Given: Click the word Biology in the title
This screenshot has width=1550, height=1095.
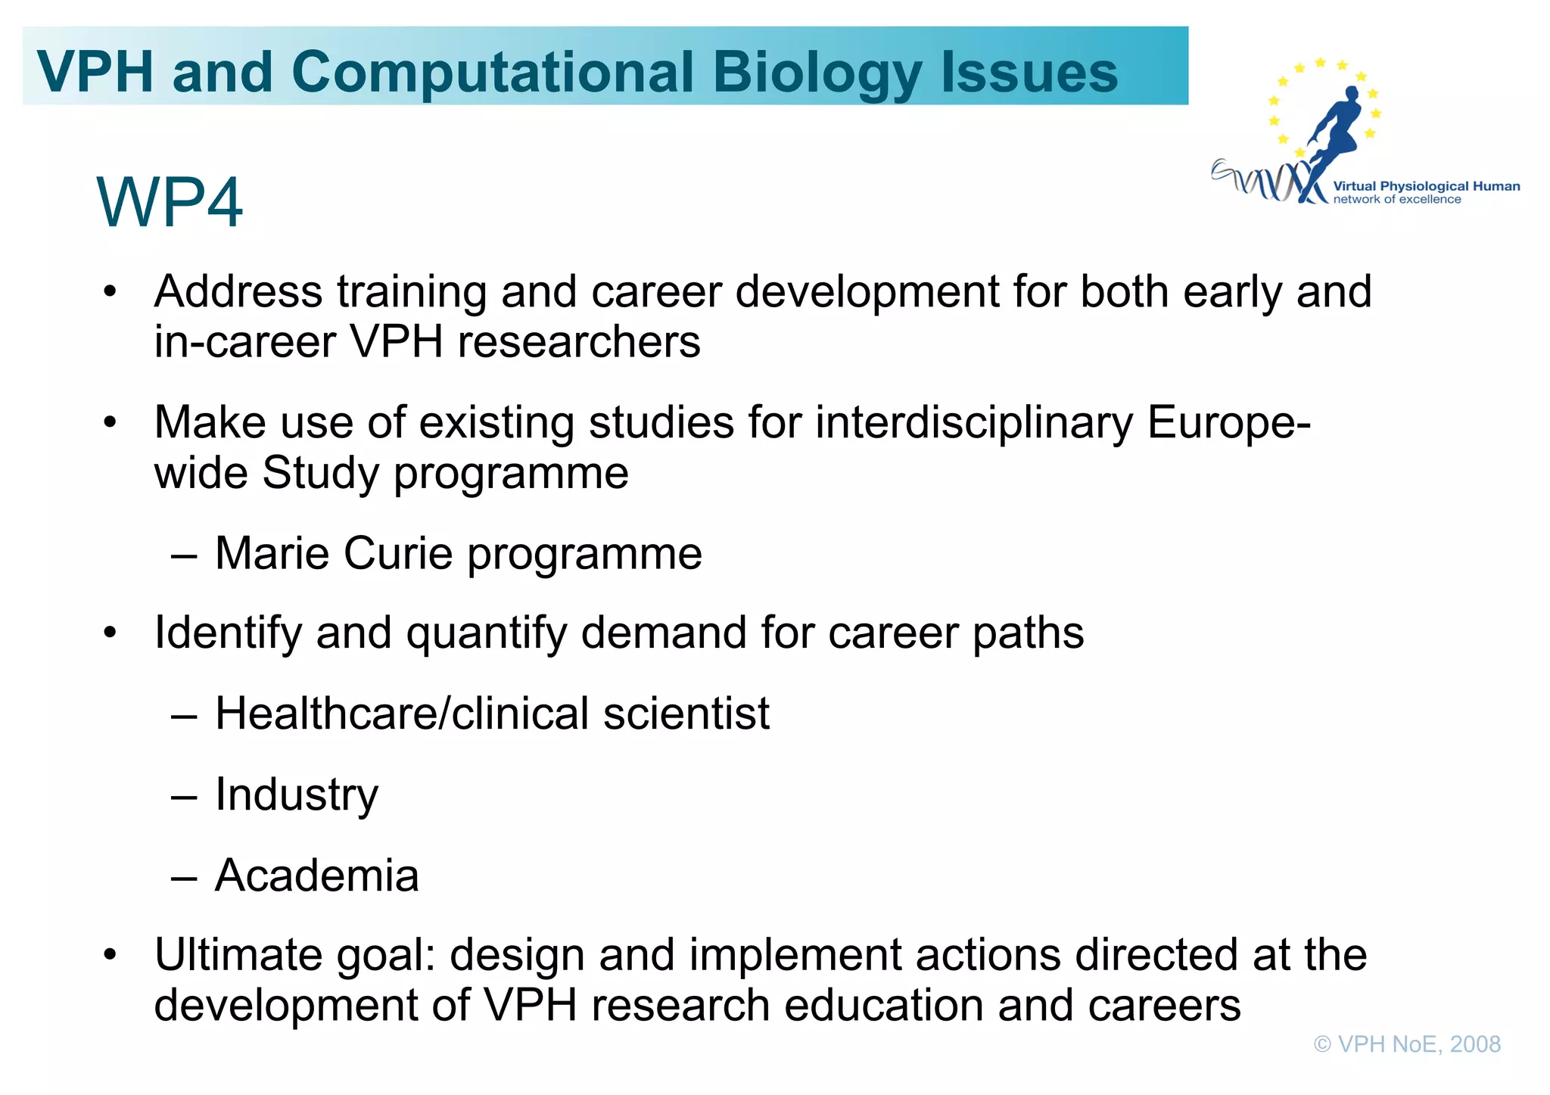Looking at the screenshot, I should [x=817, y=73].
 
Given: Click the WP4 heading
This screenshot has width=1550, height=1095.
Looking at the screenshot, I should [x=170, y=202].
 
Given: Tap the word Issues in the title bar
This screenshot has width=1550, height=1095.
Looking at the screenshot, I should [x=1029, y=72].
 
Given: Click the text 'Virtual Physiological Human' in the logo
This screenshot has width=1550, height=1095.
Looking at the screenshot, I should [x=1426, y=186].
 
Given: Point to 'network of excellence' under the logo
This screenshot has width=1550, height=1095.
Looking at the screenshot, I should [x=1396, y=200].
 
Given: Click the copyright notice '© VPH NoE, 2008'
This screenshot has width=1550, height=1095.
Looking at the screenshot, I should [x=1407, y=1044].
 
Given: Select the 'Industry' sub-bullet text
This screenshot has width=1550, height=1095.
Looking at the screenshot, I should [x=296, y=795].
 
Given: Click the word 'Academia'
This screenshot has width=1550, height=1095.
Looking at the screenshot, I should [x=316, y=876].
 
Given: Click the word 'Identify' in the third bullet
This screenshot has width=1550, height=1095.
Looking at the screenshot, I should [x=228, y=633].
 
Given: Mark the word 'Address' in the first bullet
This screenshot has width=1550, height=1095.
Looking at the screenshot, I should [x=238, y=292].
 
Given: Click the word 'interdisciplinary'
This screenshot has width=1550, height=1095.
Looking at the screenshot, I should [x=974, y=422].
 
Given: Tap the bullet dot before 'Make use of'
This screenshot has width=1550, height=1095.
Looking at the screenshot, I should [x=110, y=422].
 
